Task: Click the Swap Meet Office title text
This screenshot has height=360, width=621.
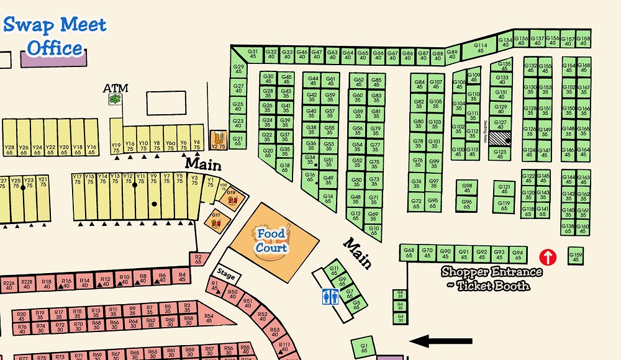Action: (x=55, y=36)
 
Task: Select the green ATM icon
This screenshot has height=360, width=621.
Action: (x=115, y=99)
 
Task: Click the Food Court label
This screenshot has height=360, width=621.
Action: (x=271, y=241)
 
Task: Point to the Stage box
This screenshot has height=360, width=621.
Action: (x=225, y=273)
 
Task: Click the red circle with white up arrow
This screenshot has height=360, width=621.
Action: (x=548, y=256)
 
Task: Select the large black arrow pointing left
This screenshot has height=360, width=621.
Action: (x=435, y=340)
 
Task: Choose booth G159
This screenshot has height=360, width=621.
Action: (x=576, y=255)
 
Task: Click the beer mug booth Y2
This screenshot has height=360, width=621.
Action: (x=218, y=140)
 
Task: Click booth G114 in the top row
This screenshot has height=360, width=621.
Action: (x=481, y=48)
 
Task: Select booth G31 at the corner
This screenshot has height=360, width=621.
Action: (x=252, y=53)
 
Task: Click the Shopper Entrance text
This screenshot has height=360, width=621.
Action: (x=491, y=272)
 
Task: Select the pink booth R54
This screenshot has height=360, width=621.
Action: (x=209, y=317)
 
